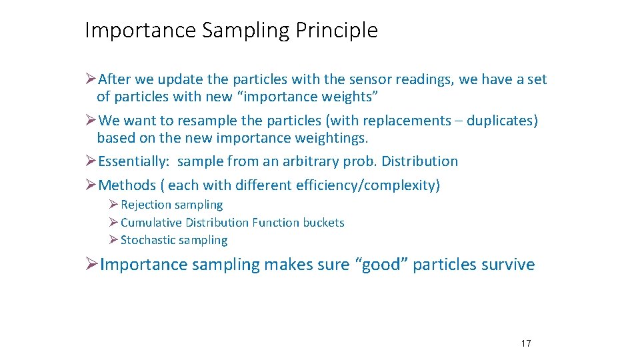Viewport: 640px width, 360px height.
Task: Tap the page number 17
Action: (525, 343)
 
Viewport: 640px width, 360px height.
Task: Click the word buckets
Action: (323, 223)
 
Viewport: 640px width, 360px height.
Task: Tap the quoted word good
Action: (383, 265)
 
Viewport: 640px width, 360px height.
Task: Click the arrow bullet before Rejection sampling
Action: (114, 205)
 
